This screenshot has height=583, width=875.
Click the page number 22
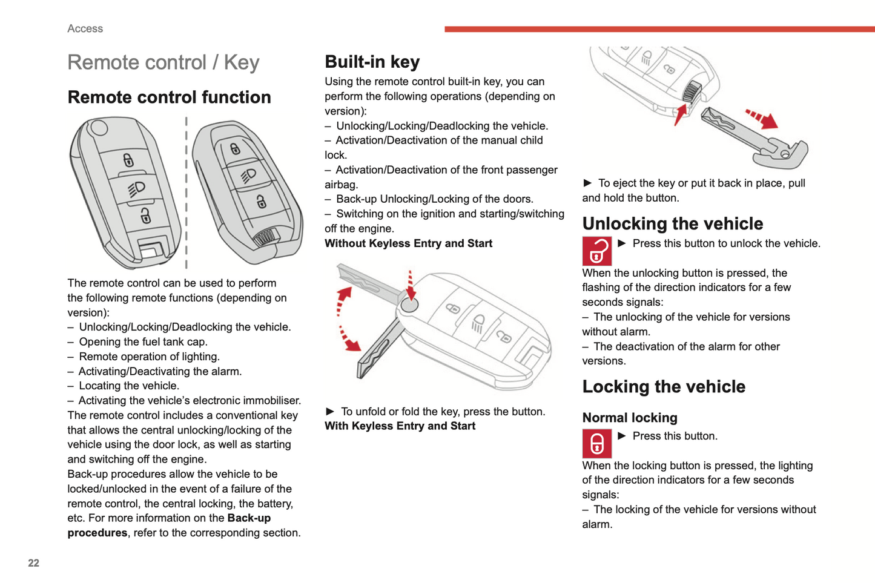[x=33, y=563]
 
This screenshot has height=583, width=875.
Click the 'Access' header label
[x=85, y=28]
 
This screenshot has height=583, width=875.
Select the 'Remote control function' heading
[x=169, y=97]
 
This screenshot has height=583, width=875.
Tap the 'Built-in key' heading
[x=372, y=62]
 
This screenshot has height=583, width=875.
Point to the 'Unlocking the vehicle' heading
[x=672, y=223]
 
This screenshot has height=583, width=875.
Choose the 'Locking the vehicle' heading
[x=664, y=386]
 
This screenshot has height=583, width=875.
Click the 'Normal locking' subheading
[x=630, y=418]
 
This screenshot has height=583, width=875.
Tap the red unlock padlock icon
[x=596, y=251]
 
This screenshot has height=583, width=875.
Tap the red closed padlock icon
[x=596, y=443]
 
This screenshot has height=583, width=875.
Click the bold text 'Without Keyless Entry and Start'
[x=408, y=243]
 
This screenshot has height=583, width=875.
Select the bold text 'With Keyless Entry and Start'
[x=400, y=426]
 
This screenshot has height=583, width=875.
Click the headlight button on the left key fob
[x=136, y=188]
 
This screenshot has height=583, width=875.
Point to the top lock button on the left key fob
[x=128, y=160]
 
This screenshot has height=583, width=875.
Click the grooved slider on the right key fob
[x=265, y=237]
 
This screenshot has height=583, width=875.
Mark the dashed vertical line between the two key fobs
[x=186, y=193]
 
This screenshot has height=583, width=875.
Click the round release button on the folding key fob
[x=410, y=304]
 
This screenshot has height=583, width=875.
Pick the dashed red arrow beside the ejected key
[x=761, y=118]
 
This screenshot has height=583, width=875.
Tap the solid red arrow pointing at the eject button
[x=680, y=114]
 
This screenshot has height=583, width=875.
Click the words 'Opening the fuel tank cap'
[x=143, y=342]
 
